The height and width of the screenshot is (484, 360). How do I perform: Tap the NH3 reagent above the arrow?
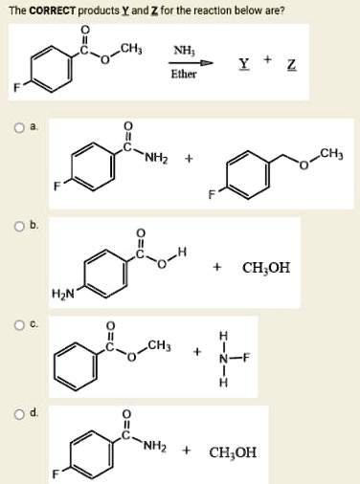(x=182, y=50)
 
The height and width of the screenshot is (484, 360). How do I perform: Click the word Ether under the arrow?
(x=182, y=74)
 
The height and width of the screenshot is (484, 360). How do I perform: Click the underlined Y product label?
(x=244, y=64)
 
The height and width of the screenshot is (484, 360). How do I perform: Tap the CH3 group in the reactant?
(x=129, y=45)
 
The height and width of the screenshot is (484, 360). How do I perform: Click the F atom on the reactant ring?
(x=15, y=89)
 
